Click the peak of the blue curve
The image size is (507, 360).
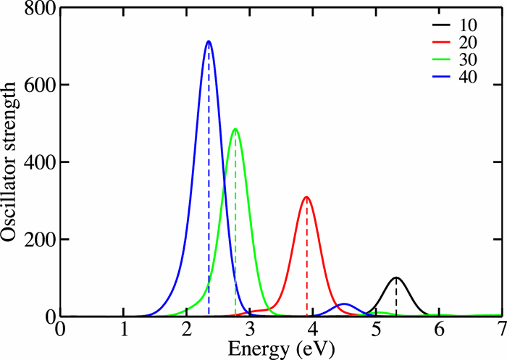tap(209, 41)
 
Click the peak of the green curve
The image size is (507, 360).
tap(235, 129)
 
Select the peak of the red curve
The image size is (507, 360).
tap(306, 197)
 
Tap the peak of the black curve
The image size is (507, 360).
tap(396, 277)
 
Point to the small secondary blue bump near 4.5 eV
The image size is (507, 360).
tap(345, 304)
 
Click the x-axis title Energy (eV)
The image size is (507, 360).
tap(281, 348)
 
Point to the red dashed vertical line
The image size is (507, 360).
tap(306, 261)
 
